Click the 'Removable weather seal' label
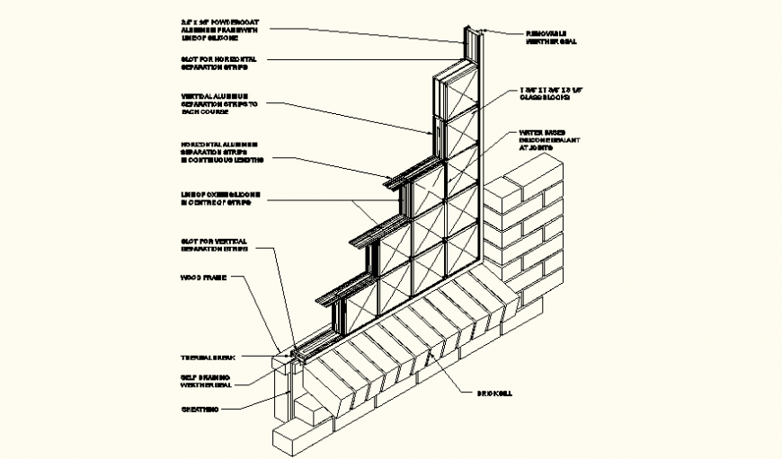point(550,37)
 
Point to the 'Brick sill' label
point(493,393)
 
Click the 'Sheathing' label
point(200,409)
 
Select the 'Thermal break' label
point(207,357)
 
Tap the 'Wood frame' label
point(202,278)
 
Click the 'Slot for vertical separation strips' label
point(214,245)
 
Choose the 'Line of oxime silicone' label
point(217,199)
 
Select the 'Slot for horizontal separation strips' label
point(214,63)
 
